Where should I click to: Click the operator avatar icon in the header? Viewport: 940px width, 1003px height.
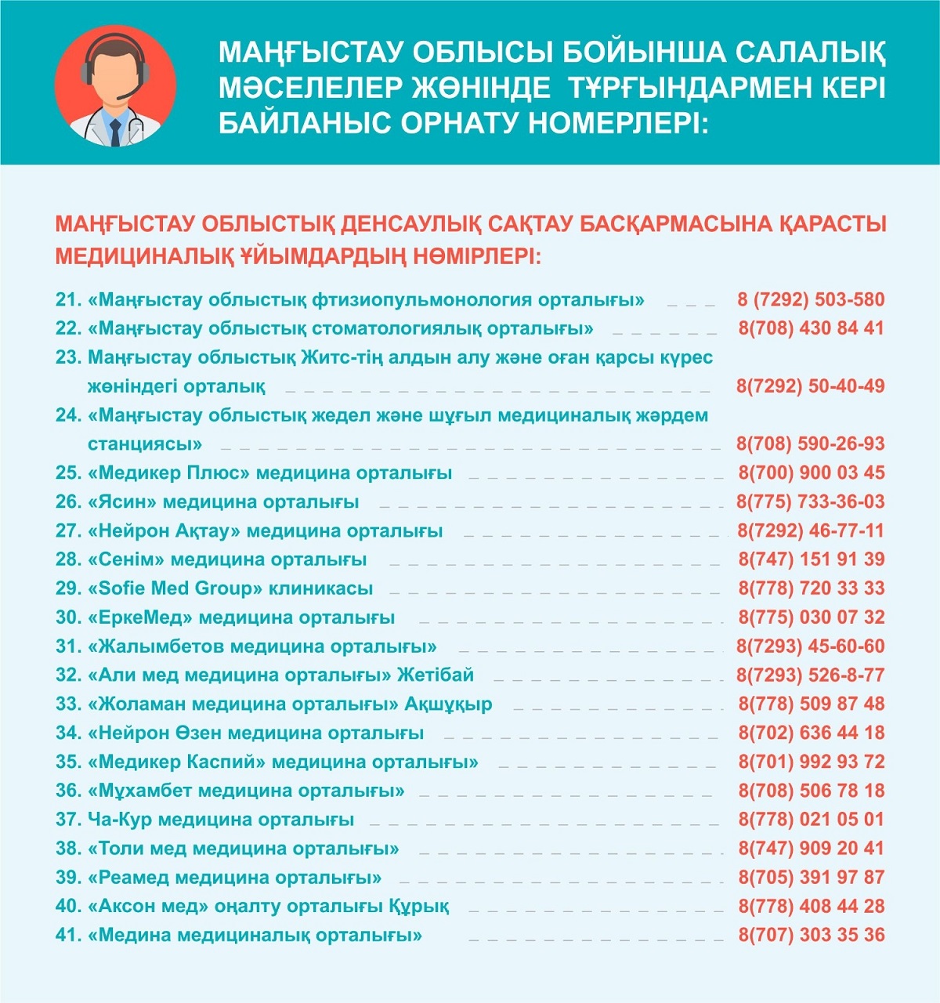[x=115, y=85]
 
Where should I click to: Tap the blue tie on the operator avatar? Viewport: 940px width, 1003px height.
[x=115, y=132]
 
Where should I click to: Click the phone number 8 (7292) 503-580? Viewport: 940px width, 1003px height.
[x=811, y=299]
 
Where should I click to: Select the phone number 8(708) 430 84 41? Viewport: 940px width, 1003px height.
[x=811, y=328]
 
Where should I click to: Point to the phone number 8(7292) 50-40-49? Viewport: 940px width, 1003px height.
[x=811, y=386]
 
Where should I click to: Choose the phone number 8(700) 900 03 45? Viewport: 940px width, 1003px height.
[x=811, y=473]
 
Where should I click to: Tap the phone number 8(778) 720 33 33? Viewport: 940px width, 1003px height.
[x=811, y=588]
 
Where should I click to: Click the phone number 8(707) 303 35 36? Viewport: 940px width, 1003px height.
[x=811, y=935]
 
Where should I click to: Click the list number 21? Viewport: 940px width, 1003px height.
[x=68, y=299]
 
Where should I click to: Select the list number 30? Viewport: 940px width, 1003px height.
[x=68, y=617]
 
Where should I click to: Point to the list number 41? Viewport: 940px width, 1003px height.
[x=68, y=935]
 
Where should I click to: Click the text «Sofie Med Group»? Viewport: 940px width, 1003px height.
[x=175, y=588]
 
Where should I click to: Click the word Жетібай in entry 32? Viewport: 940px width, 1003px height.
[x=436, y=675]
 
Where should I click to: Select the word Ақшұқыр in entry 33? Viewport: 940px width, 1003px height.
[x=448, y=704]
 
